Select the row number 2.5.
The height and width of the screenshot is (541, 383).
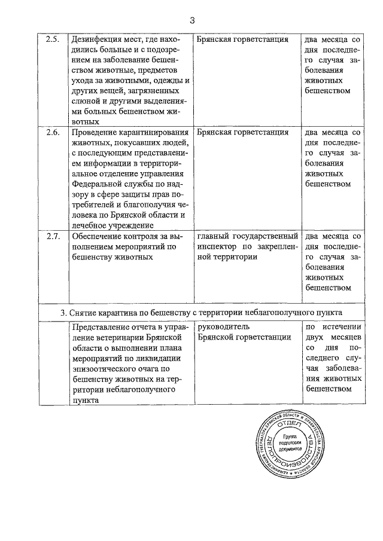[x=53, y=39]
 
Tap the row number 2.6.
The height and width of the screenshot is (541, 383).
[x=53, y=132]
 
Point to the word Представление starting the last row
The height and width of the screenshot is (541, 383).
[x=102, y=327]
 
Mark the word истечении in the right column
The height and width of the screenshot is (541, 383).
[x=342, y=327]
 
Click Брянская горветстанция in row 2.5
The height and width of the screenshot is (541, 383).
[x=242, y=39]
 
